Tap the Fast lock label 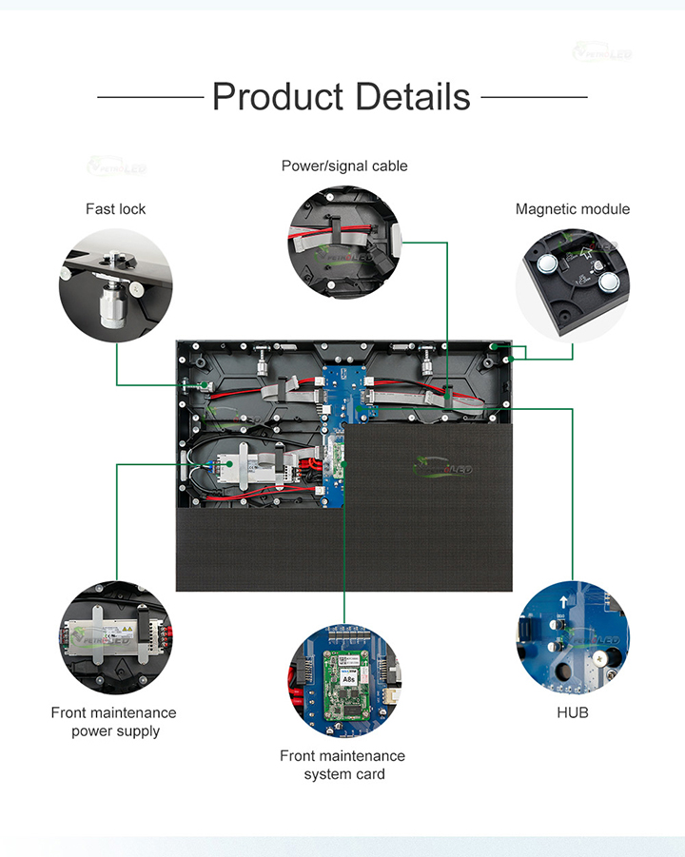coord(116,209)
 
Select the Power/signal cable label coord(344,166)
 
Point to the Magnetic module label coord(573,209)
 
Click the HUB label coord(573,711)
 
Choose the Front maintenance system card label coord(342,765)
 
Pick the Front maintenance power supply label coord(114,722)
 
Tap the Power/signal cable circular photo coord(344,243)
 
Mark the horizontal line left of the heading coord(150,97)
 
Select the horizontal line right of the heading coord(534,97)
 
